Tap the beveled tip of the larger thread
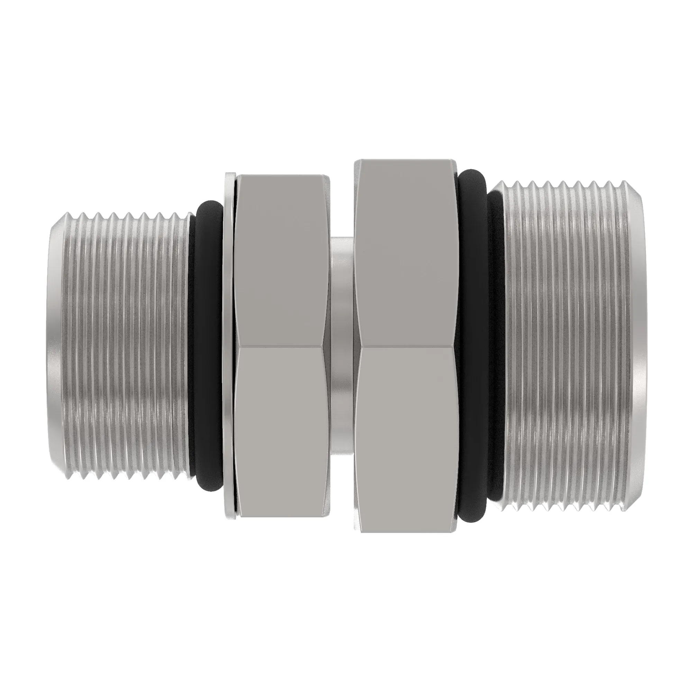click(x=636, y=346)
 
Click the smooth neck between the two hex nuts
click(x=342, y=346)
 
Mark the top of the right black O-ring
click(x=473, y=179)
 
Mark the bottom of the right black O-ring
click(x=473, y=512)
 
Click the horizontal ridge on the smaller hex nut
click(x=281, y=346)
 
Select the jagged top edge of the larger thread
click(x=559, y=184)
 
